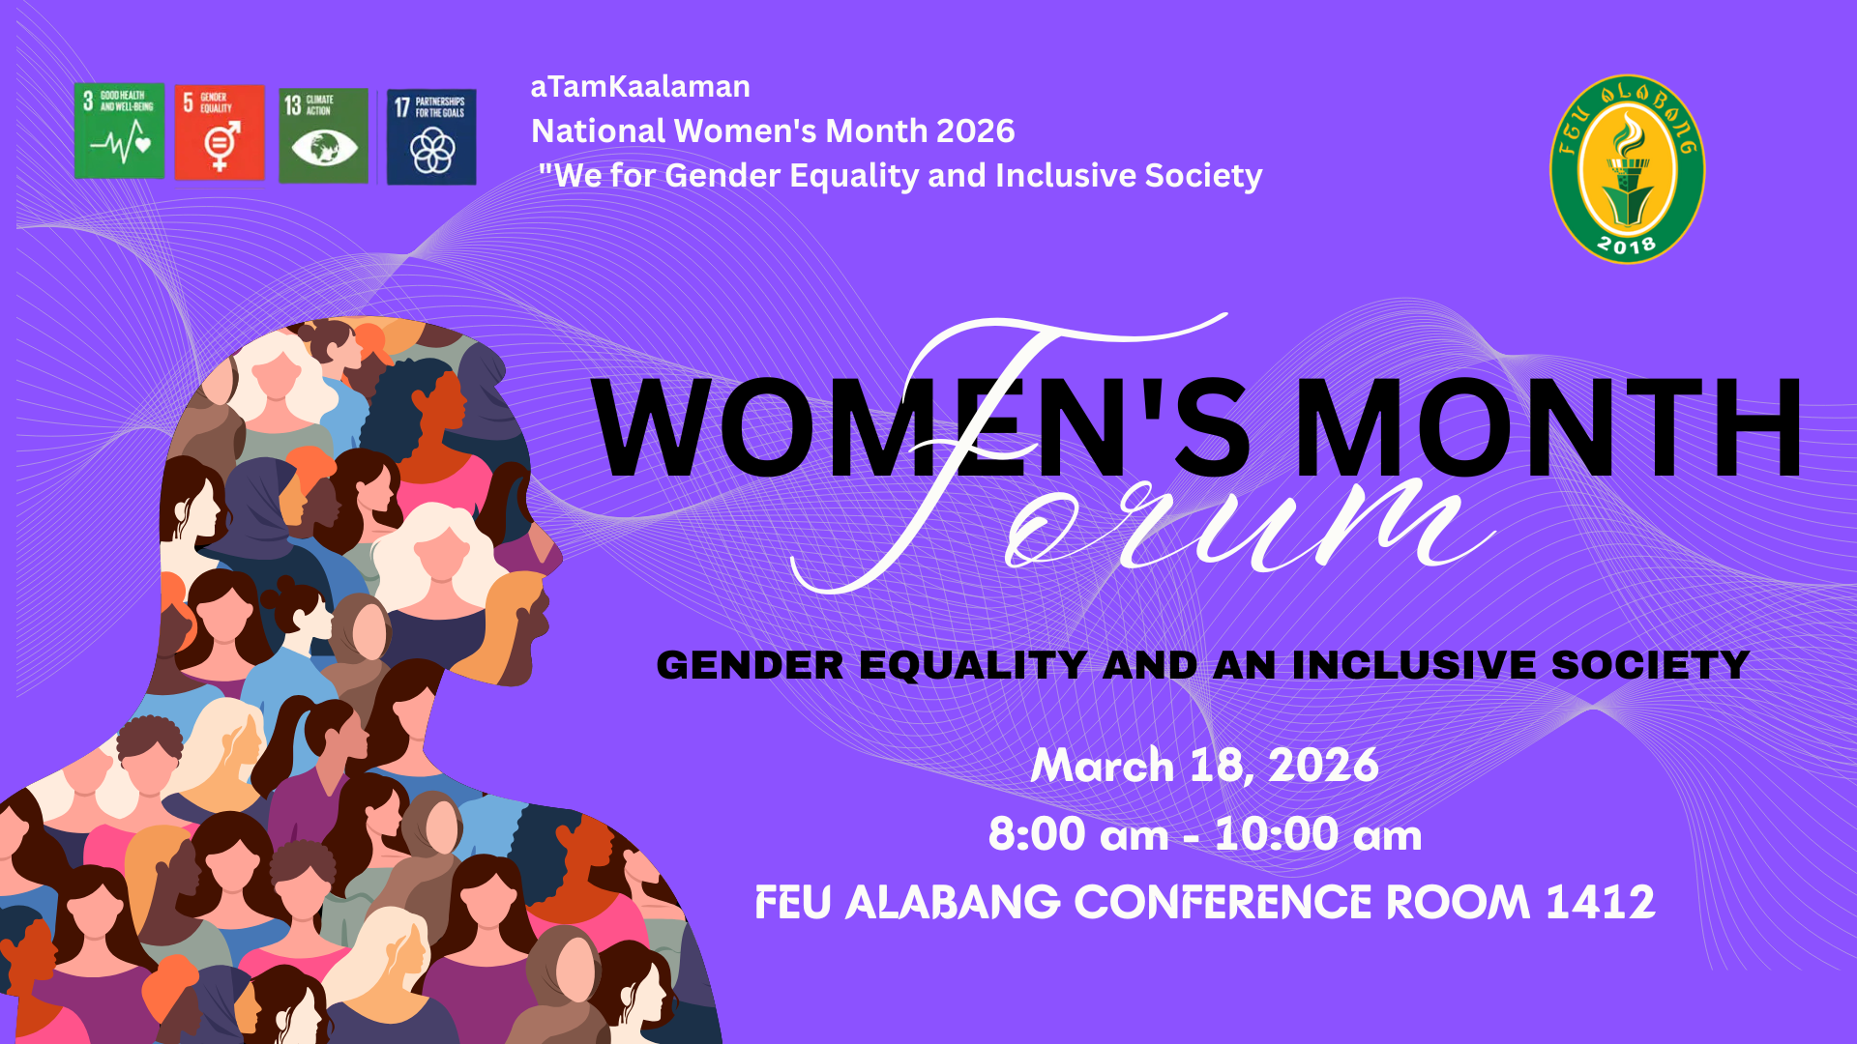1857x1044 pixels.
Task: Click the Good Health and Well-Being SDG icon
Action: click(119, 131)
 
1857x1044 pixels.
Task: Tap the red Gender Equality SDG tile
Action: click(220, 132)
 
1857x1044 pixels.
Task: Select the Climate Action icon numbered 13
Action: click(323, 135)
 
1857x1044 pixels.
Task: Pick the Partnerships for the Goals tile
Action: click(431, 136)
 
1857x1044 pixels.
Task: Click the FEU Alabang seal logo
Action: click(1628, 169)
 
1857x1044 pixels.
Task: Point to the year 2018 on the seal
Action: click(1627, 245)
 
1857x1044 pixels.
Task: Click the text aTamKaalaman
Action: click(640, 87)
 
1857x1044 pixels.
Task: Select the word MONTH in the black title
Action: click(1548, 427)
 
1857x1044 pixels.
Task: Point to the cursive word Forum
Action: click(1141, 454)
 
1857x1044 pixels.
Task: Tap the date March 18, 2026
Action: click(1205, 766)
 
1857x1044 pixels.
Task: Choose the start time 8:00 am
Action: click(1078, 834)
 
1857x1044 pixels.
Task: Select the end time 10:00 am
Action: click(1318, 834)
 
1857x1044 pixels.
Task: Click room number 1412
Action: click(1601, 902)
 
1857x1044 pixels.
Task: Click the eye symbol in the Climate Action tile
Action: click(324, 148)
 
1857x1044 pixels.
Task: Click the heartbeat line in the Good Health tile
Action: click(121, 145)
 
